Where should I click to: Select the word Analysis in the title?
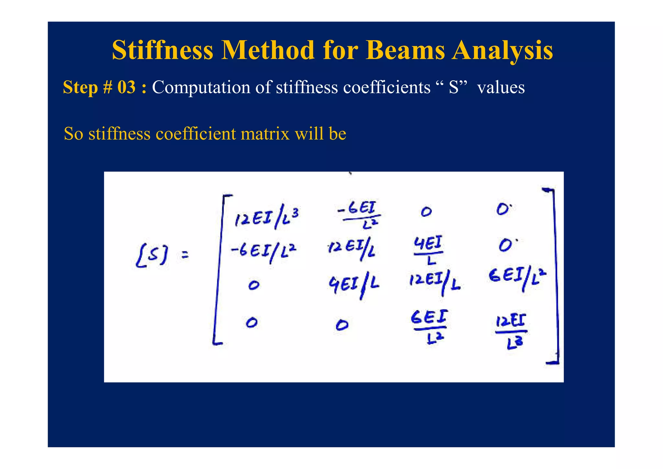point(502,50)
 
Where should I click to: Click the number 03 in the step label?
point(126,87)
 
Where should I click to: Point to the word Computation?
point(201,87)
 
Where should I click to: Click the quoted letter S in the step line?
point(454,87)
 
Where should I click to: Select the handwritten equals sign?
point(185,256)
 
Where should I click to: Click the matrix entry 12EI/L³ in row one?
point(266,218)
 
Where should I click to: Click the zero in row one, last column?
point(503,210)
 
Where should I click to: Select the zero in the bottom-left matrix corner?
point(252,323)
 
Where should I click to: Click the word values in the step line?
point(501,87)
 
